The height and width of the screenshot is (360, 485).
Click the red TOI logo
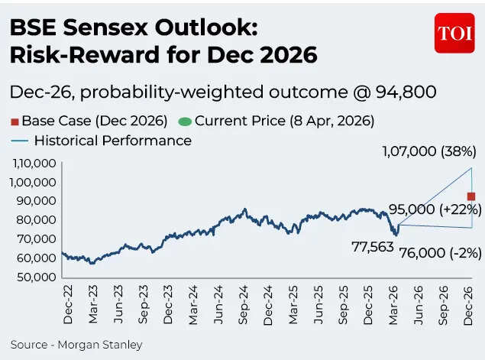tap(454, 34)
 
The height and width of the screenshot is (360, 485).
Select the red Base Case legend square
tap(15, 121)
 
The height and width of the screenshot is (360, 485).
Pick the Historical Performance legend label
tap(113, 141)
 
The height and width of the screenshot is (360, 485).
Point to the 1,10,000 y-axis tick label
tap(32, 163)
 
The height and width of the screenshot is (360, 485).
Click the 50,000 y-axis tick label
tap(35, 277)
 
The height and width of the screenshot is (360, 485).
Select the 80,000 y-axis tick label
tap(35, 219)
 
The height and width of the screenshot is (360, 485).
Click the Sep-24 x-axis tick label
tap(244, 303)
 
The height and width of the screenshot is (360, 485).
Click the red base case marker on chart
tap(471, 196)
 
